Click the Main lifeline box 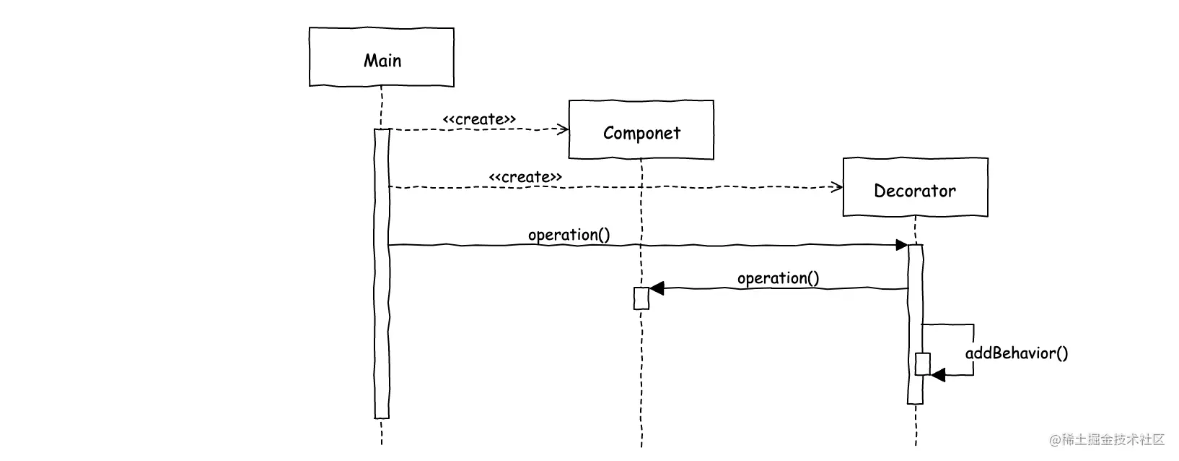[382, 57]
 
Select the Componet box [641, 129]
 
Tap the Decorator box [916, 187]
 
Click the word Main [382, 61]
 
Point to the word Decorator [915, 191]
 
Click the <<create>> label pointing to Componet [479, 119]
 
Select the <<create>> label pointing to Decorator [525, 177]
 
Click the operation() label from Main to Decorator [569, 235]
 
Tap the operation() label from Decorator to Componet [779, 278]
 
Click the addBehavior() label [1017, 353]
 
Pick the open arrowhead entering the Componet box [564, 129]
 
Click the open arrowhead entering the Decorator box [837, 187]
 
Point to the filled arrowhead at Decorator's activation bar [902, 245]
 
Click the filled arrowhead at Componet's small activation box [657, 288]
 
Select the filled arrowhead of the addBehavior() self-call [938, 375]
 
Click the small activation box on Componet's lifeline [641, 298]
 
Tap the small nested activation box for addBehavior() [923, 364]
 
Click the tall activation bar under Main [382, 273]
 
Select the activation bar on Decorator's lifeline [916, 324]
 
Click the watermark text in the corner [1107, 439]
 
